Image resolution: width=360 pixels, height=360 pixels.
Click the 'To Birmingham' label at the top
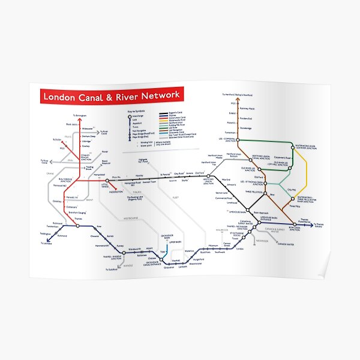coord(80,115)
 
